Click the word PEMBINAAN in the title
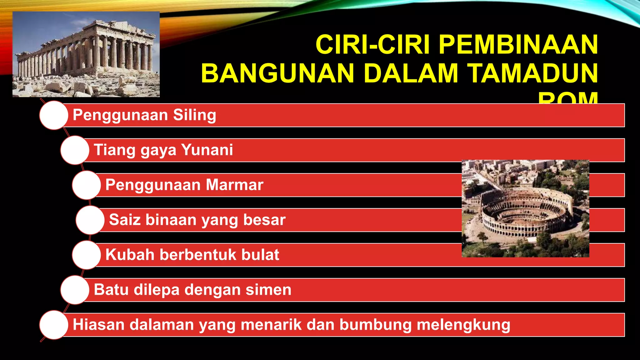[x=518, y=45]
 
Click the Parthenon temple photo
[x=86, y=54]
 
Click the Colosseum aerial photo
[x=525, y=208]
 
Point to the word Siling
[x=194, y=115]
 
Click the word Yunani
[x=207, y=150]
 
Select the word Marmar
[x=234, y=185]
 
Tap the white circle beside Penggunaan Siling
[x=54, y=115]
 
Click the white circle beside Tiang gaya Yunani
[x=75, y=150]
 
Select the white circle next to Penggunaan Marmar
[x=86, y=185]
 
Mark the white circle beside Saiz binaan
[x=90, y=220]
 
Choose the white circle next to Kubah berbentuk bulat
[x=86, y=255]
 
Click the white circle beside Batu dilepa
[x=75, y=290]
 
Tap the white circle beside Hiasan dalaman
[x=54, y=325]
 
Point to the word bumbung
[x=375, y=325]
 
